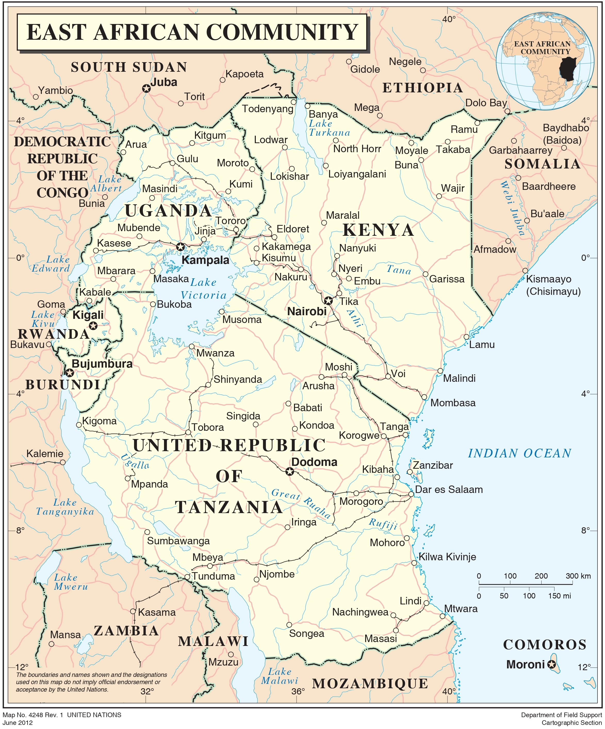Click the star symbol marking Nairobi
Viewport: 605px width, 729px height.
tap(328, 300)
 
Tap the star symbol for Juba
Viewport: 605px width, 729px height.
tap(146, 88)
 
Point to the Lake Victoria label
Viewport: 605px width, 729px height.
tap(203, 289)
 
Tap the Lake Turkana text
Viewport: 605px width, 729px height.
tap(329, 128)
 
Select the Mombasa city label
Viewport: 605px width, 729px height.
tap(453, 403)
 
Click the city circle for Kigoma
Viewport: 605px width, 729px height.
tap(79, 425)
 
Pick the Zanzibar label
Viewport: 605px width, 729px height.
tap(432, 465)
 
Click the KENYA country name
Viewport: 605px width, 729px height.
tap(378, 230)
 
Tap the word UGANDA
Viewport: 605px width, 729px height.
tap(168, 211)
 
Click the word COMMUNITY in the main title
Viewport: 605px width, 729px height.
tap(282, 32)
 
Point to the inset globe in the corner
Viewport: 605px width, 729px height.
tap(545, 61)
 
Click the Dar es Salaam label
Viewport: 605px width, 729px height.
tap(449, 489)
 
